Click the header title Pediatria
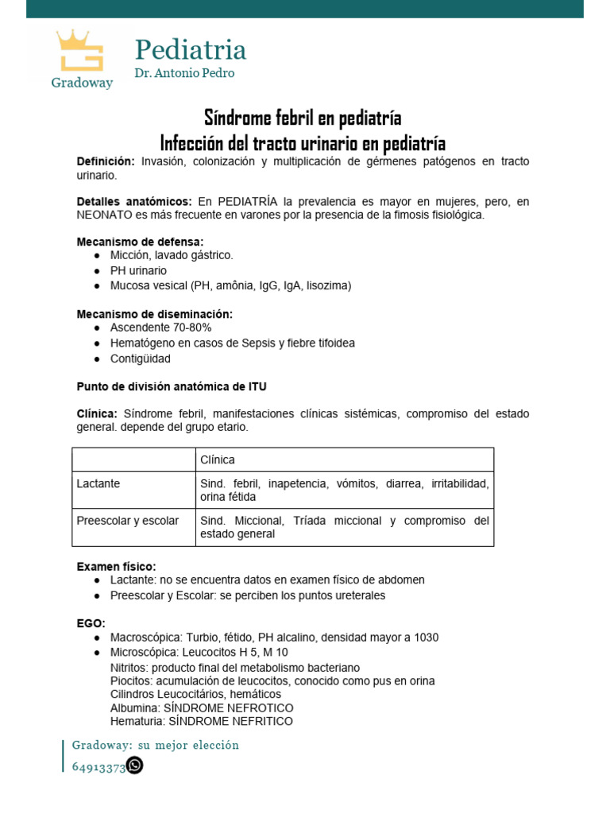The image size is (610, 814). point(190,49)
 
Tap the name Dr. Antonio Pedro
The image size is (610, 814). point(183,73)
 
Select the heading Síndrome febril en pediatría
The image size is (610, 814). point(303,118)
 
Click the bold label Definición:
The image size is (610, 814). point(106,161)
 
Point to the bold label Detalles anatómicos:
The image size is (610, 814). point(133,202)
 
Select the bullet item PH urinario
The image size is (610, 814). point(138,270)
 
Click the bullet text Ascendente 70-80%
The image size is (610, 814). point(160,328)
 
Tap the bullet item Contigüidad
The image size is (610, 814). point(140,359)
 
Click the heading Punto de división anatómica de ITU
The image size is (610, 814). point(172,387)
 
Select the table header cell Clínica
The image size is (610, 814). point(218,460)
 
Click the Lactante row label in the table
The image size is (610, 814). point(98,483)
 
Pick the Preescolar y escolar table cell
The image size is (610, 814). point(127,521)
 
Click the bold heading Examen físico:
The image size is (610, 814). point(116,566)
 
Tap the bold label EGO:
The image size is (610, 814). point(91,623)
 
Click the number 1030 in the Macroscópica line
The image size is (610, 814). point(424,638)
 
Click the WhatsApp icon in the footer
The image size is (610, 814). point(135,766)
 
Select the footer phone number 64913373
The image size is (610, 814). point(98,767)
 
